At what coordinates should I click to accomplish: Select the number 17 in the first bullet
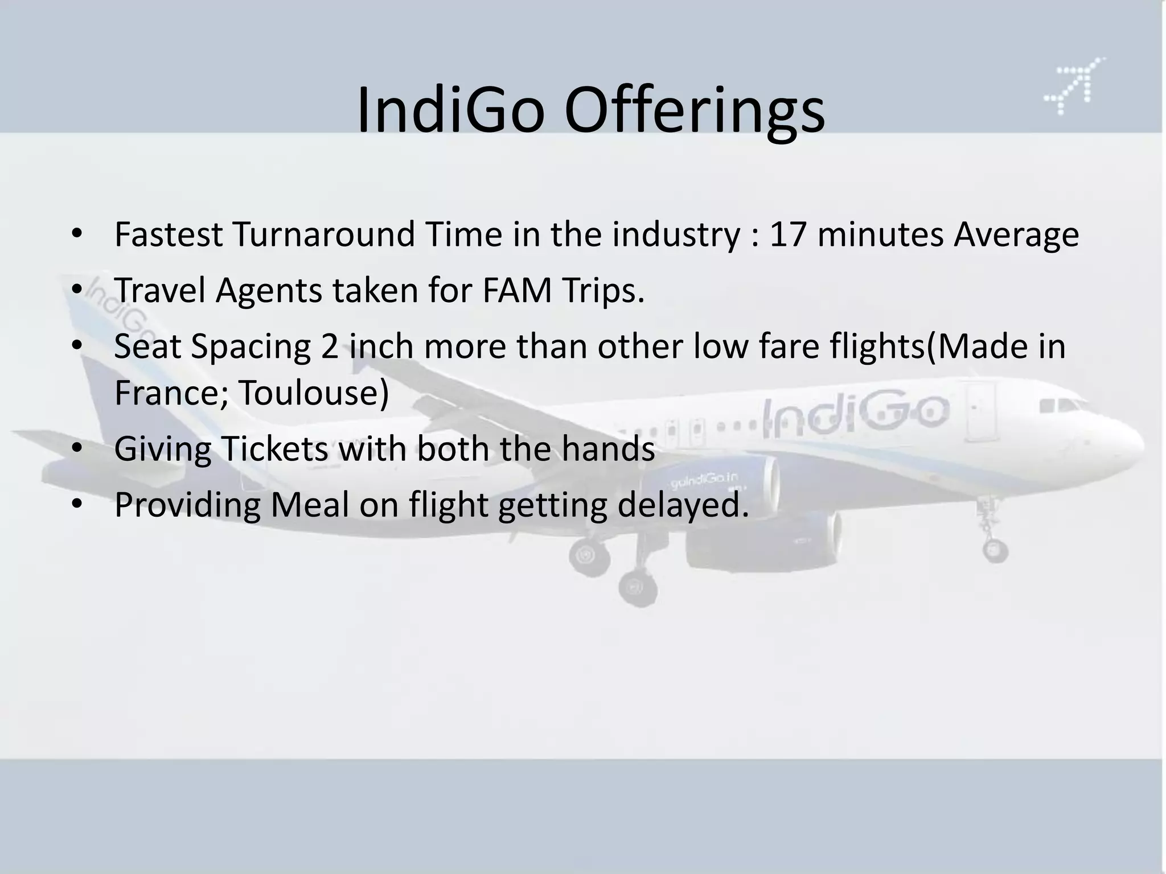pyautogui.click(x=788, y=234)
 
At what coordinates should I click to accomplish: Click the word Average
pyautogui.click(x=1016, y=234)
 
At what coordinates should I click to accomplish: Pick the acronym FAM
pyautogui.click(x=517, y=290)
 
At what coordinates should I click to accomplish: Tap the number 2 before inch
pyautogui.click(x=330, y=346)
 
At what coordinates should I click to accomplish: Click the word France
pyautogui.click(x=171, y=393)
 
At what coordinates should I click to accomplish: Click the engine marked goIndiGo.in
pyautogui.click(x=723, y=484)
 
